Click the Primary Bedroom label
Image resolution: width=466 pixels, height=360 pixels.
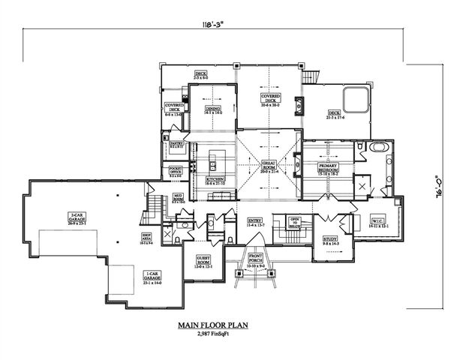[329, 166]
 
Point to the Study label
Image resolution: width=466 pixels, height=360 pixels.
[331, 241]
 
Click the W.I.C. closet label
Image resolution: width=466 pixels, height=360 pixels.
[377, 223]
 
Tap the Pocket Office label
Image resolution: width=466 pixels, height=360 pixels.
[176, 172]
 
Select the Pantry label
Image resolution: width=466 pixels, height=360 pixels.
[177, 143]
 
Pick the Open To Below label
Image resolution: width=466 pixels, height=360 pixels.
[295, 222]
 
